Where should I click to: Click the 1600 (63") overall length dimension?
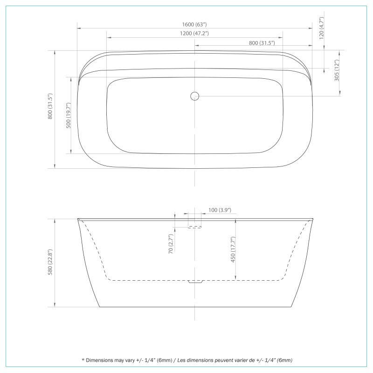coord(195,25)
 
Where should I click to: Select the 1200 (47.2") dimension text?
coord(195,34)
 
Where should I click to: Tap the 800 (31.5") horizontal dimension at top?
coord(262,42)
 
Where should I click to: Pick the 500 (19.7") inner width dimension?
coord(69,115)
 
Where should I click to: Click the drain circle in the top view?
coord(195,96)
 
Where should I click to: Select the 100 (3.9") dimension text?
coord(220,210)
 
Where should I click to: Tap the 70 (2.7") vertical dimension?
coord(171,244)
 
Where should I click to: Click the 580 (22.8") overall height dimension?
coord(51,263)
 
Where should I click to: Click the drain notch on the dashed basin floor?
coord(195,282)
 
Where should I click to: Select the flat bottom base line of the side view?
coord(195,307)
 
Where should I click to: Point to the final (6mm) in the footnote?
coord(284,360)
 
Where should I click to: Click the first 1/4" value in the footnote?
coord(150,360)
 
